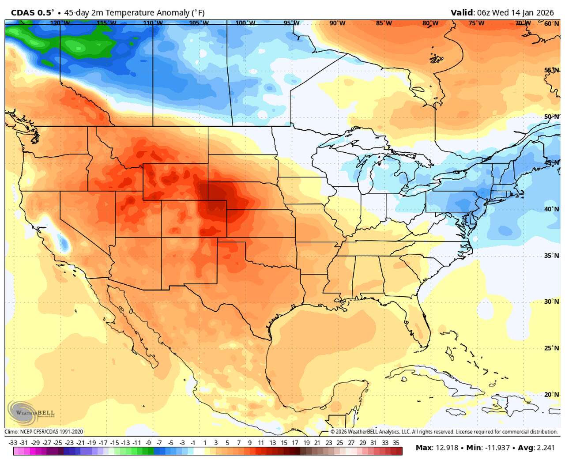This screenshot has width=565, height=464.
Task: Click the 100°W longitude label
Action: coord(245,23)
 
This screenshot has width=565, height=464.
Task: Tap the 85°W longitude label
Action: coord(384,23)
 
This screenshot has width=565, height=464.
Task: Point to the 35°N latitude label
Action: coord(551,256)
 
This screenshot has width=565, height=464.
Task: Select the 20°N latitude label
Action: coord(551,394)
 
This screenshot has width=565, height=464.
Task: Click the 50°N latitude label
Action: coord(551,117)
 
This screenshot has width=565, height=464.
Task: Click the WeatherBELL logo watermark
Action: coord(31,413)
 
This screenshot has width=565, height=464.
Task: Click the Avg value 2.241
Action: coord(546,448)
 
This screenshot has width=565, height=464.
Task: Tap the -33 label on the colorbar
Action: coord(13,442)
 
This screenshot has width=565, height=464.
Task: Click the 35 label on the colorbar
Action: coord(396,442)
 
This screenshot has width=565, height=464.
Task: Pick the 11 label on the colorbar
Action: coord(261,442)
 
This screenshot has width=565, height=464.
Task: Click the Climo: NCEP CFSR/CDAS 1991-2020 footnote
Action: coord(44,432)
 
